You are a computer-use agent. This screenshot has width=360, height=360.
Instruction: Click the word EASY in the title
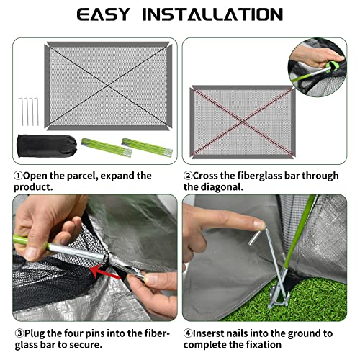[x=104, y=14]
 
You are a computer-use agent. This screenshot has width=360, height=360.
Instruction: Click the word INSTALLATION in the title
[x=213, y=14]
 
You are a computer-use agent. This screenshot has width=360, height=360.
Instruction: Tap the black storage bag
[x=47, y=146]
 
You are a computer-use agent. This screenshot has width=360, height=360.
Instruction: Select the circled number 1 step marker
[x=18, y=176]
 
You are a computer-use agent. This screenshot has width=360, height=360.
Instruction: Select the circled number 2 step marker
[x=188, y=176]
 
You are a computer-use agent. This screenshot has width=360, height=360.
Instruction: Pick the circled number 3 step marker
[x=19, y=333]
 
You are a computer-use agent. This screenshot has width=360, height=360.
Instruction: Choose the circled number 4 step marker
[x=188, y=333]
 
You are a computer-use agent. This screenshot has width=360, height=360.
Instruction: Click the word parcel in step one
[x=82, y=176]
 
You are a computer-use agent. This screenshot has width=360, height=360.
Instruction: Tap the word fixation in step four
[x=264, y=345]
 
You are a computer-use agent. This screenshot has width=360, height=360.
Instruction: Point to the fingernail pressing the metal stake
[x=260, y=225]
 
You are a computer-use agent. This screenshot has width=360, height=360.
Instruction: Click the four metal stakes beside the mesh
[x=28, y=112]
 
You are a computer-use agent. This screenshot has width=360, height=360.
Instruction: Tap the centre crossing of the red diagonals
[x=243, y=122]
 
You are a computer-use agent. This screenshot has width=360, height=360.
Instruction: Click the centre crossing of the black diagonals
[x=108, y=86]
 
